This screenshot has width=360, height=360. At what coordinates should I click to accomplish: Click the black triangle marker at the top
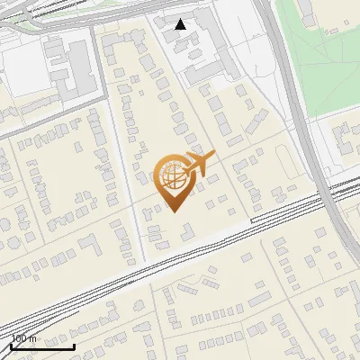tap(181, 24)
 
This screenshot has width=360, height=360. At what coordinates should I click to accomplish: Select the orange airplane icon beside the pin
tap(199, 165)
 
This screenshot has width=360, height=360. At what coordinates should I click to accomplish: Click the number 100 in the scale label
tap(19, 338)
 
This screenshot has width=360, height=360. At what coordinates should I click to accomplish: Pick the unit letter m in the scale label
tap(33, 338)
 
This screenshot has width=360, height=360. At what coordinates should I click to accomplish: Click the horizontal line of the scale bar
tap(42, 346)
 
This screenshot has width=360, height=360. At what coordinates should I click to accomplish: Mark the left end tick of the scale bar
tap(10, 345)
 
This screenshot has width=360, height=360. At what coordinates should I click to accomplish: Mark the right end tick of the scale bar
tap(75, 345)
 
